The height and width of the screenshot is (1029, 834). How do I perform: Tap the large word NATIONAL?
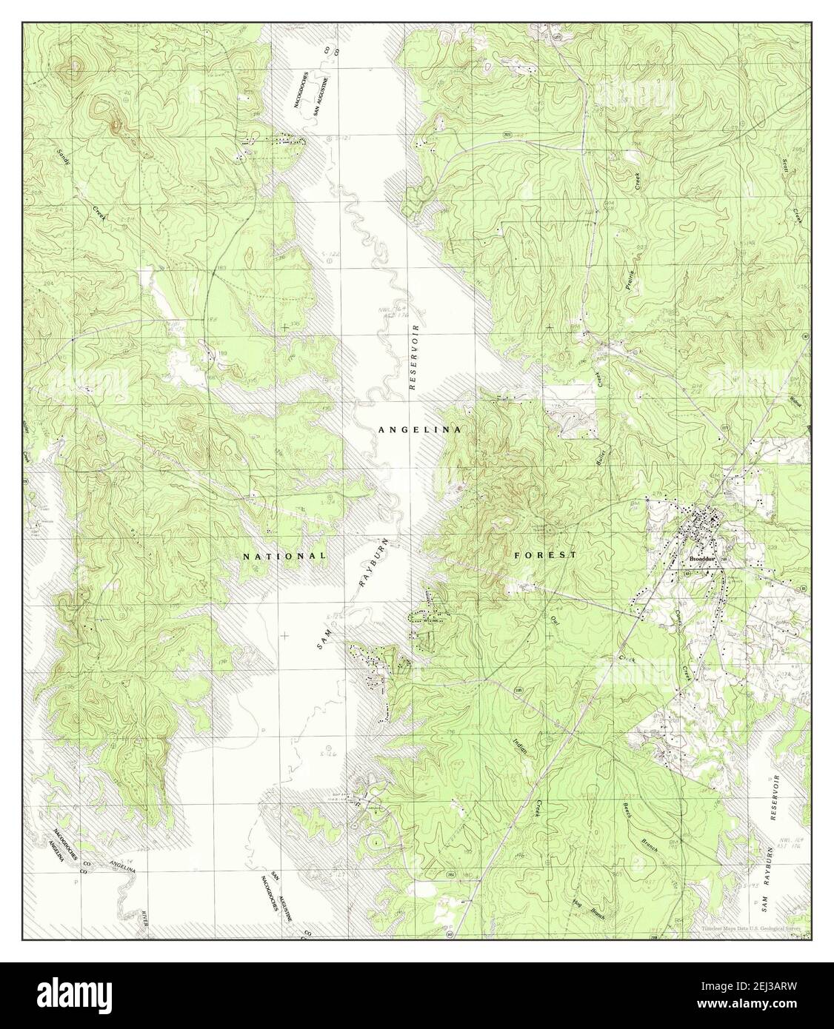285,555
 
